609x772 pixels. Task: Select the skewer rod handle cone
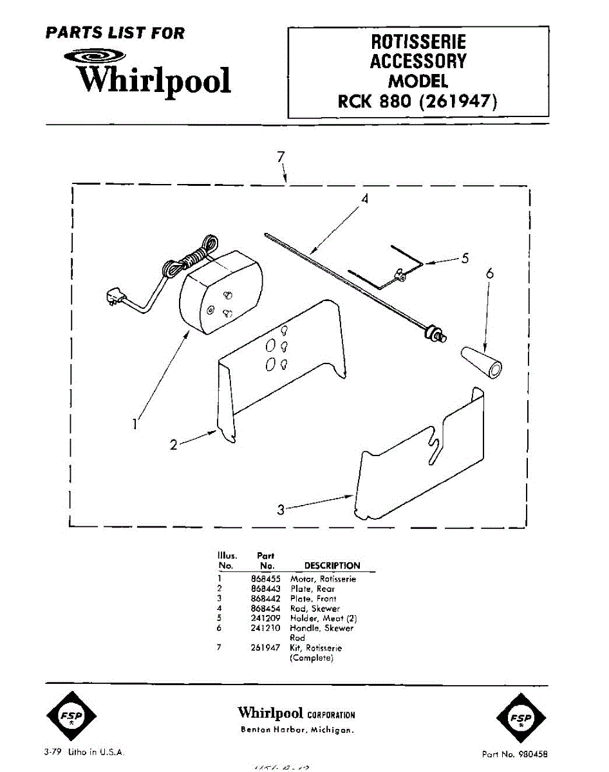point(482,362)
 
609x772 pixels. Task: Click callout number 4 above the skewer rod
point(364,199)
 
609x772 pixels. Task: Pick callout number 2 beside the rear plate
point(173,445)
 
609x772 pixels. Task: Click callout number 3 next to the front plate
point(281,510)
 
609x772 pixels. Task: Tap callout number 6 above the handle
point(490,273)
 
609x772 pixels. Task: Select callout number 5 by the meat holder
point(464,259)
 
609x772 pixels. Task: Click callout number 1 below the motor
point(135,424)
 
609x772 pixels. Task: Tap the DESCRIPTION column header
point(332,566)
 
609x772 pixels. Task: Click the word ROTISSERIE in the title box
point(418,43)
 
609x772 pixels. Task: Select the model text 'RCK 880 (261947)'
point(418,102)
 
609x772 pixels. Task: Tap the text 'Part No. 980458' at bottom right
point(515,753)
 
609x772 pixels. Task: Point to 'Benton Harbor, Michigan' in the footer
point(297,730)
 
